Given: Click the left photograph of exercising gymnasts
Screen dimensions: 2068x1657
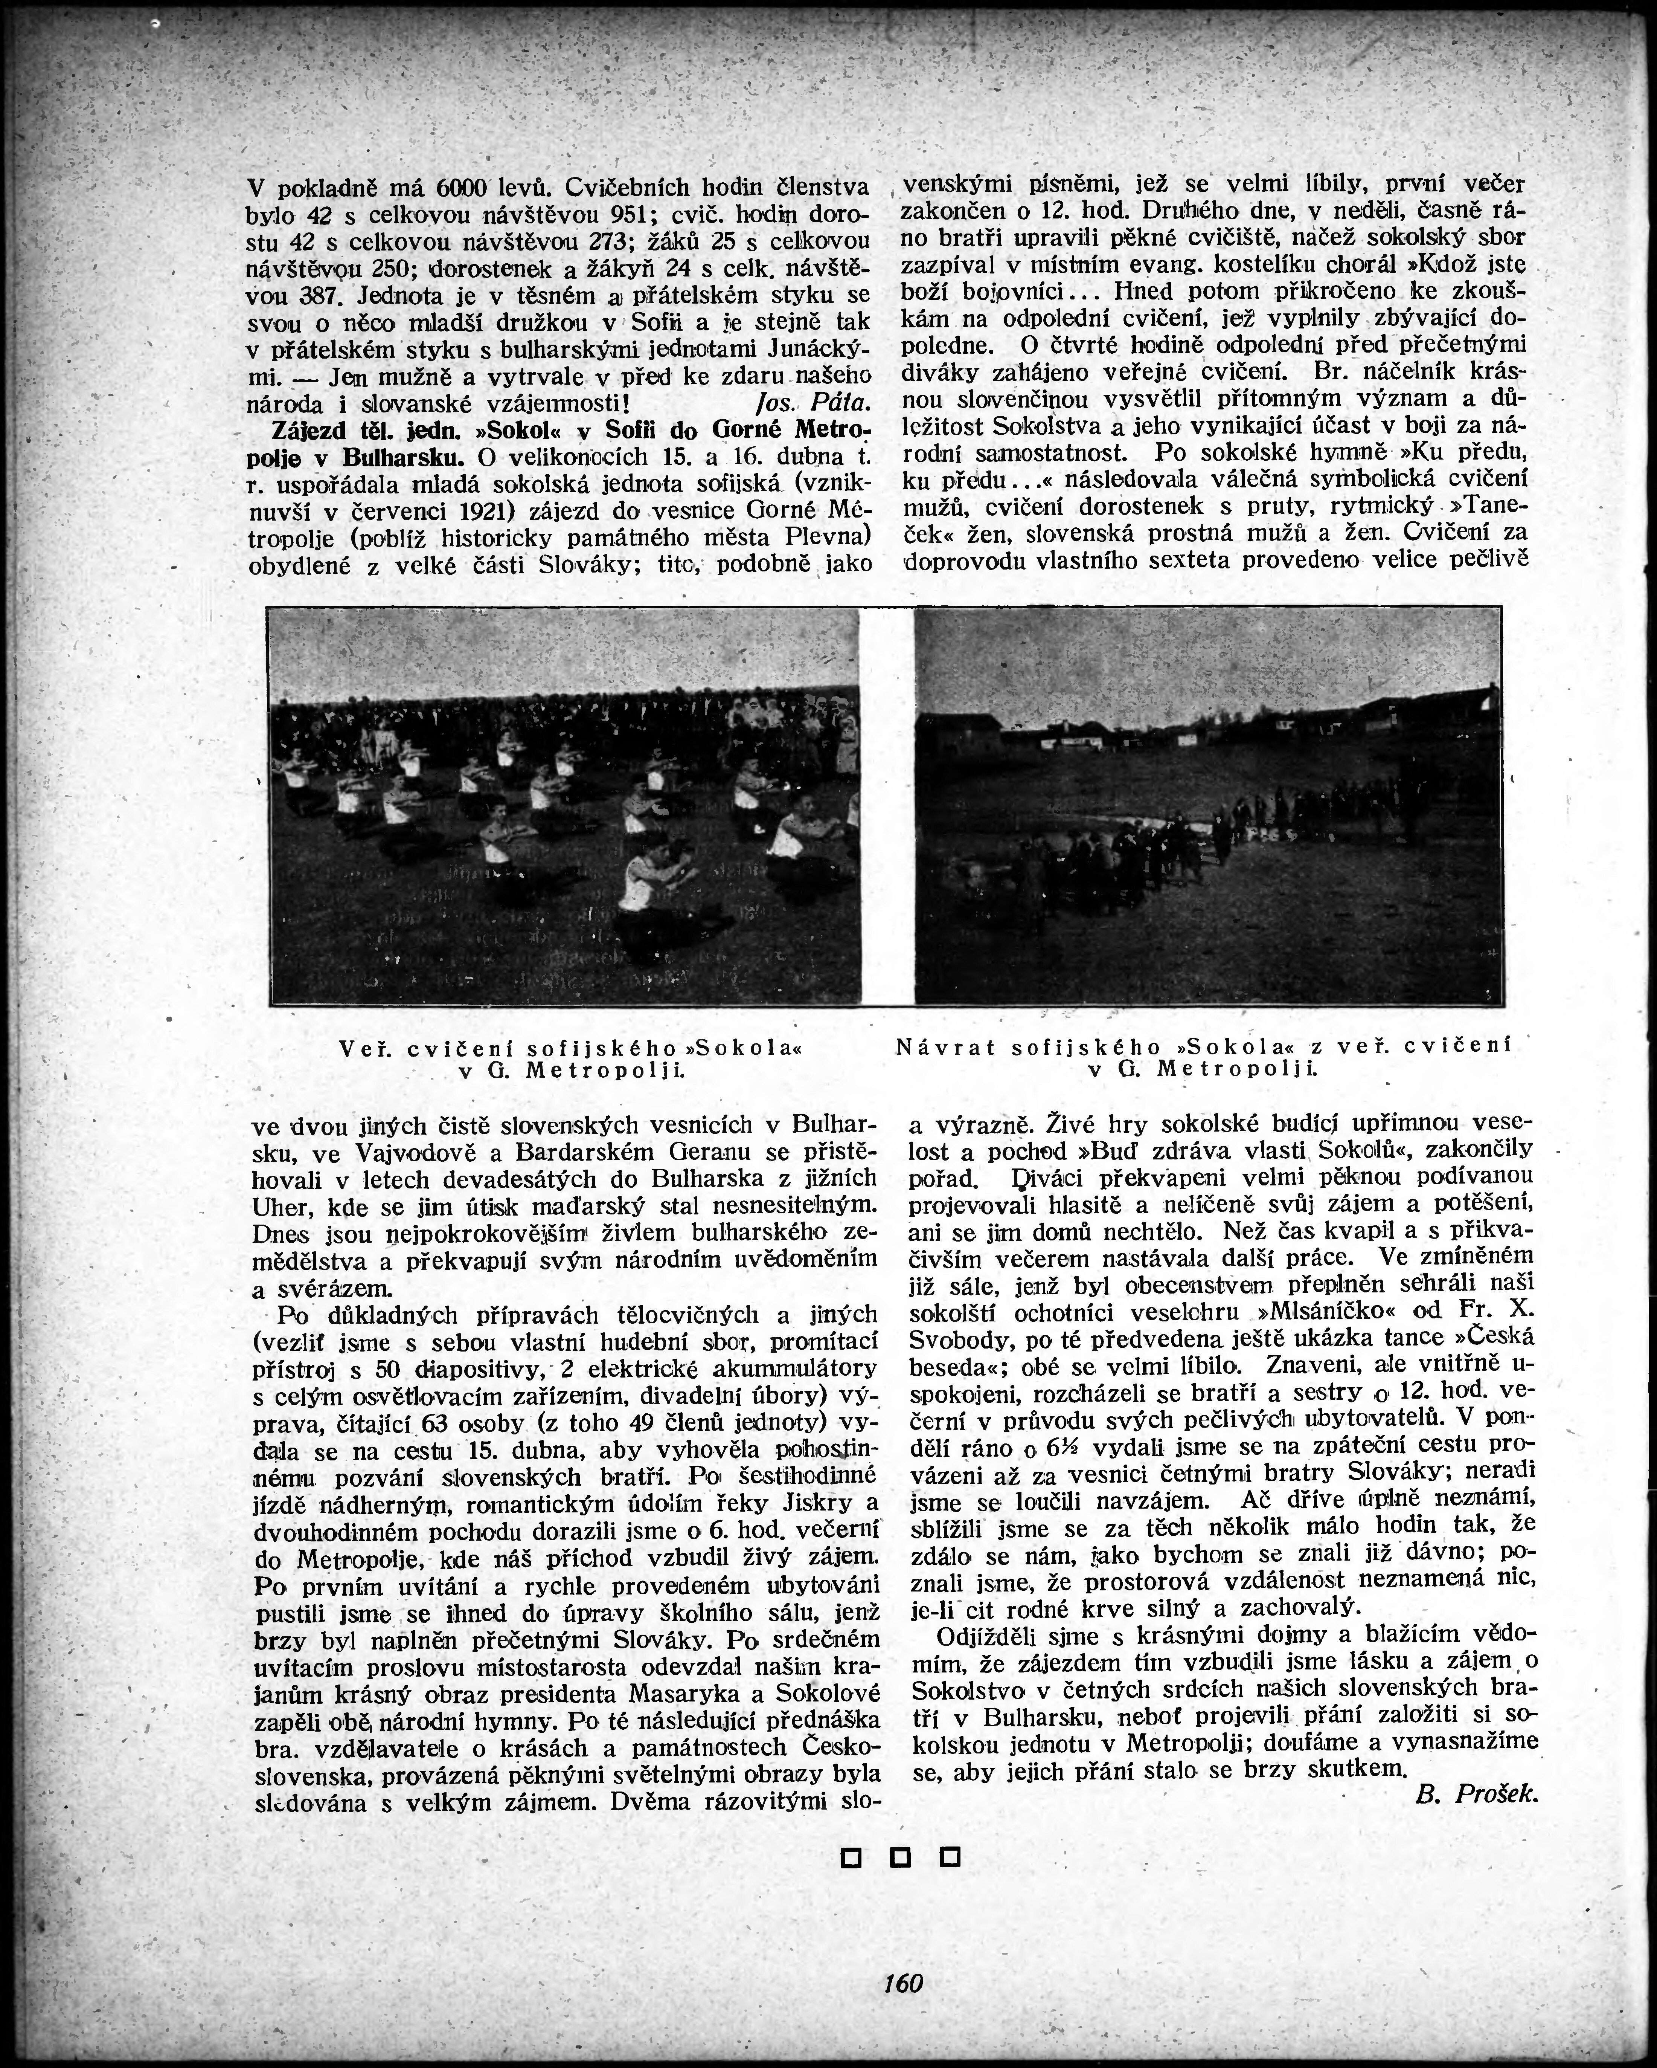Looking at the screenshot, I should coord(564,806).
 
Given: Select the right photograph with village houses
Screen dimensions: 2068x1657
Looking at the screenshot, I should coord(1207,806).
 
